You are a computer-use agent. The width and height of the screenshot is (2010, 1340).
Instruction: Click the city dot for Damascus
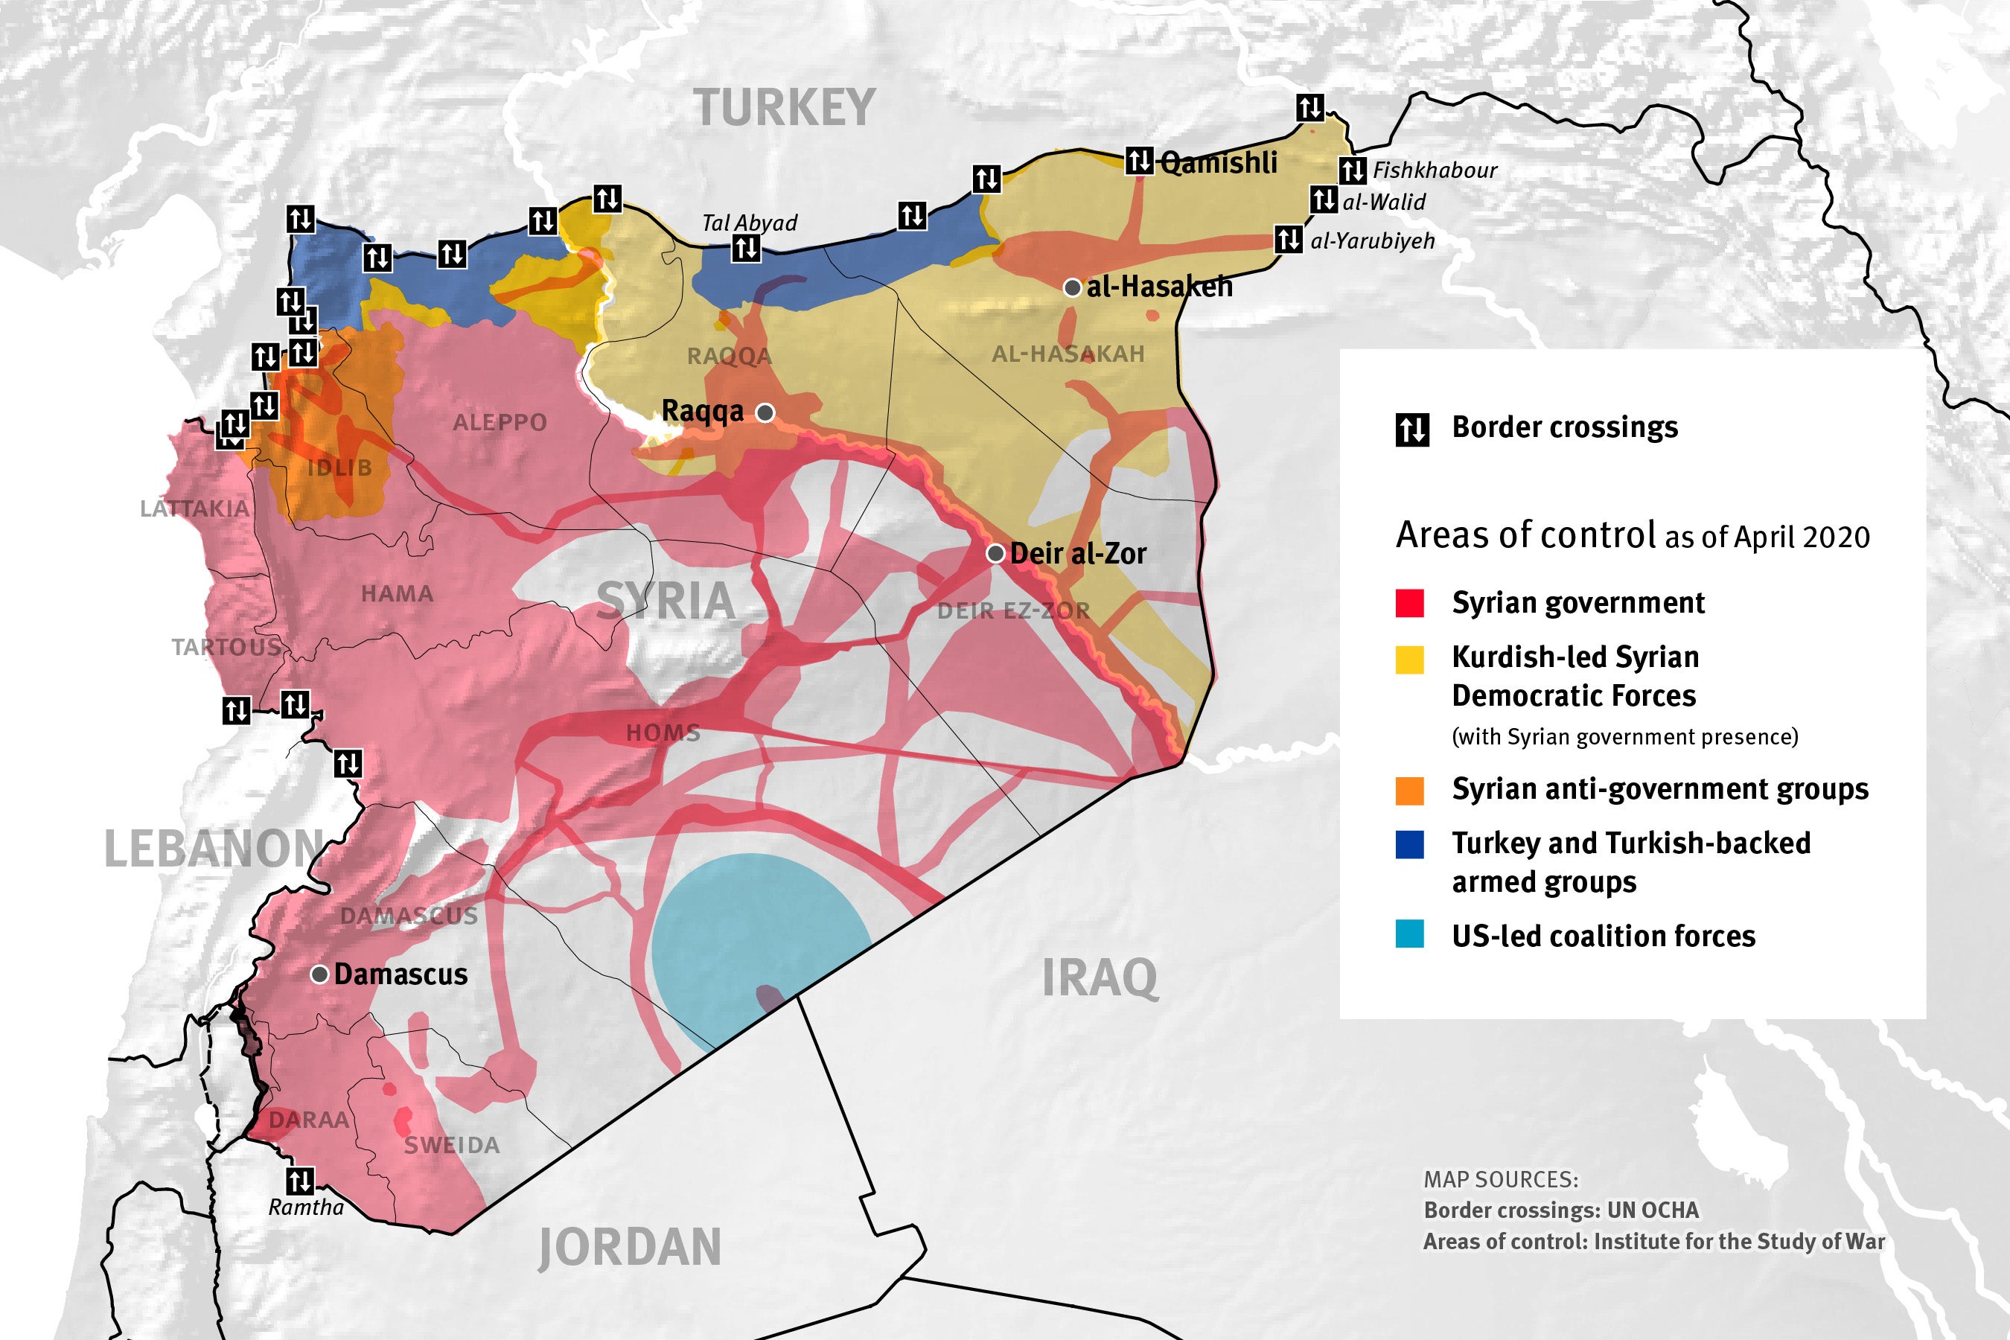pos(319,974)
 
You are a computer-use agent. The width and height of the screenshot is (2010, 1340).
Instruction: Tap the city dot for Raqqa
pos(766,412)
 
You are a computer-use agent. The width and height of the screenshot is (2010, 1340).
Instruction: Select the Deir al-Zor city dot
pos(995,554)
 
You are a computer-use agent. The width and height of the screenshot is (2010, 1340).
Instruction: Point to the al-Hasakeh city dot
pos(1072,288)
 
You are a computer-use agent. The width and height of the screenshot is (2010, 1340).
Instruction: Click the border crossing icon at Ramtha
pos(299,1181)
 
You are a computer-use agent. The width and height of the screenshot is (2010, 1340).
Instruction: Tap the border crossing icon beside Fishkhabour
pos(1352,170)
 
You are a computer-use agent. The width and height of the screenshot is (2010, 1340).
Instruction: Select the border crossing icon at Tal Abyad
pos(746,248)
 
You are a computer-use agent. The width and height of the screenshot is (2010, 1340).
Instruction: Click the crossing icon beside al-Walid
pos(1324,200)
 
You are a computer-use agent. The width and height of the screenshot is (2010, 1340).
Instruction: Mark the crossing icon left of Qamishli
pos(1139,160)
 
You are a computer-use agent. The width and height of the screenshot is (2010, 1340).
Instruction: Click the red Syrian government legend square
pos(1409,603)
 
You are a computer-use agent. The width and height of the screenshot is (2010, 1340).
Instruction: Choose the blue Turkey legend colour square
pos(1409,844)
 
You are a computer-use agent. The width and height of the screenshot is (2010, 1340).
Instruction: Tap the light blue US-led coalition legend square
pos(1409,934)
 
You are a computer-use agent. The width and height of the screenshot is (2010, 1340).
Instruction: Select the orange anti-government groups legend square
pos(1409,791)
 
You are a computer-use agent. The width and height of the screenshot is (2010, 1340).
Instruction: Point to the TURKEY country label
pos(785,109)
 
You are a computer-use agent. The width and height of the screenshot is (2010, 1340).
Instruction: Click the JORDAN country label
pos(630,1247)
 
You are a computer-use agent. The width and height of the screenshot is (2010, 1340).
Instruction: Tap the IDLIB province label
pos(340,468)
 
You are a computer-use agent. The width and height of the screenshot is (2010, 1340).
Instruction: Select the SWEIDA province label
pos(451,1145)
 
